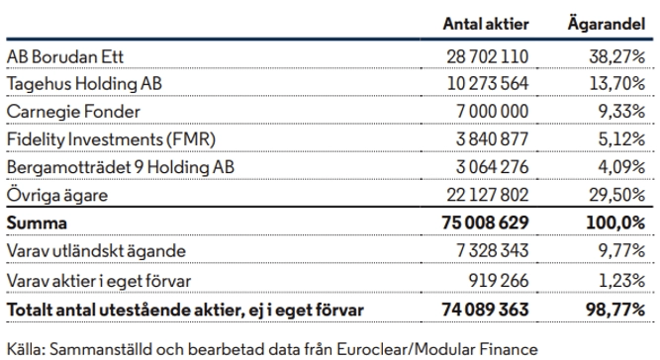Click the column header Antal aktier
[486, 24]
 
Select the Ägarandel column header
[607, 23]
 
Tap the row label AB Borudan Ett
[65, 56]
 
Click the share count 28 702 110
[488, 56]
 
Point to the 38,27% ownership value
[617, 56]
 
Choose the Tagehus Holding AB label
[84, 84]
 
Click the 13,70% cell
[617, 84]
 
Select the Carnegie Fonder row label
[73, 112]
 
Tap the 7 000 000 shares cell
[493, 112]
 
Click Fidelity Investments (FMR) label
[111, 139]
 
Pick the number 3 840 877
[492, 139]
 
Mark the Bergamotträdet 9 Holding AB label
[121, 167]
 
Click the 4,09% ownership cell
[621, 167]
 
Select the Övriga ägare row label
[57, 195]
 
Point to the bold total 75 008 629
[485, 223]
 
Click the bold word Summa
[37, 224]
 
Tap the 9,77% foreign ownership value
[621, 251]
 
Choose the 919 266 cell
[499, 281]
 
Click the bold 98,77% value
[615, 311]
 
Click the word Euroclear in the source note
[374, 349]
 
